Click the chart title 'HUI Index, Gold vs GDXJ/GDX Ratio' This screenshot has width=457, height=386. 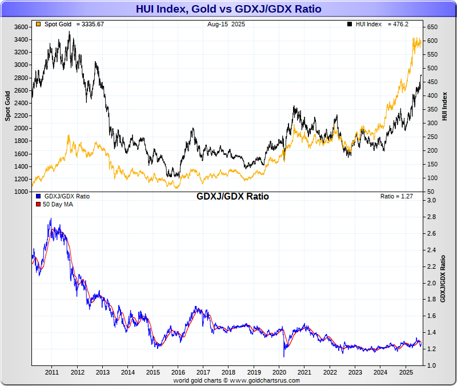point(228,9)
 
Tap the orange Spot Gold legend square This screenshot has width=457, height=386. point(38,25)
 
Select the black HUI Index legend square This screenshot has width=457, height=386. point(349,25)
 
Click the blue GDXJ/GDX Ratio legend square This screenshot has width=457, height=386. point(38,196)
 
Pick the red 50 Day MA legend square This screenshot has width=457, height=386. point(38,204)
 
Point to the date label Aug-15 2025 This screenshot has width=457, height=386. point(227,25)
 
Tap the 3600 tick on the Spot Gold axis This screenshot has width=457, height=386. point(21,27)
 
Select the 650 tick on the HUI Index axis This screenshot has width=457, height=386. point(431,27)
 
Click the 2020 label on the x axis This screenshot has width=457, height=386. point(279,372)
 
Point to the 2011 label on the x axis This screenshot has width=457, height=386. point(52,372)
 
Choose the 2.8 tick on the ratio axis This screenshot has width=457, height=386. point(431,217)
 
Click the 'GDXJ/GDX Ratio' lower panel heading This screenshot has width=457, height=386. point(232,197)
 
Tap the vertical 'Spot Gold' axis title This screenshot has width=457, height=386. point(8,106)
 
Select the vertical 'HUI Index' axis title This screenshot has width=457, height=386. point(444,106)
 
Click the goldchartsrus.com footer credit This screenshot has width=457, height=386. point(236,380)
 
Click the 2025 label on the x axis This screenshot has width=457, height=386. point(406,372)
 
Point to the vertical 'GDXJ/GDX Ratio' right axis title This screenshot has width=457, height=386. point(444,278)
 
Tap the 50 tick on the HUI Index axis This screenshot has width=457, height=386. point(430,192)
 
